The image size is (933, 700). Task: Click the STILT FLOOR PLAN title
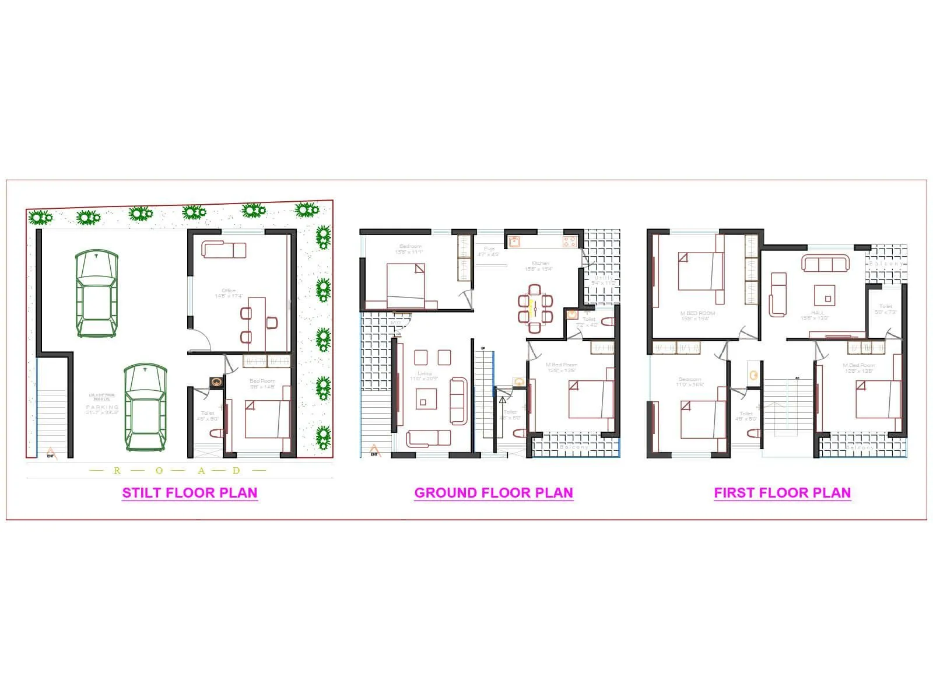click(190, 493)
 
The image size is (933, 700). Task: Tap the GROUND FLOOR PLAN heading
click(493, 493)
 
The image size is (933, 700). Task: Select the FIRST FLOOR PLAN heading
click(782, 493)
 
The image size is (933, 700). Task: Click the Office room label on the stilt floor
click(229, 290)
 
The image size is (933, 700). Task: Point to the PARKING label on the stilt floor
click(102, 407)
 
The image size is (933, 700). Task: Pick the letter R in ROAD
click(117, 471)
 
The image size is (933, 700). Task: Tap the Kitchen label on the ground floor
click(540, 264)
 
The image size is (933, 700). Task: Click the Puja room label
click(489, 249)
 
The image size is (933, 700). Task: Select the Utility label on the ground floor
click(604, 278)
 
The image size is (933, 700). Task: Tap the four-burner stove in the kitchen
click(570, 240)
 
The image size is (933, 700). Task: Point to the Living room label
click(424, 374)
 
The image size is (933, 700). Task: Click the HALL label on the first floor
click(818, 313)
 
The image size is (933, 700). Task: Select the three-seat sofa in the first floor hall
click(825, 264)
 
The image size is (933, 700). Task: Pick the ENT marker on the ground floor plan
click(374, 451)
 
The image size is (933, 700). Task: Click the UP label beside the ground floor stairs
click(483, 348)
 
